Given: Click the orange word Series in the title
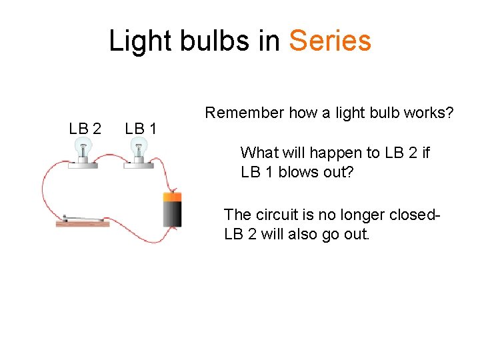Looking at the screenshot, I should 330,41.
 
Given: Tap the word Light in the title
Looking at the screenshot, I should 135,41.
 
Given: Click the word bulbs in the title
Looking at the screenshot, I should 215,41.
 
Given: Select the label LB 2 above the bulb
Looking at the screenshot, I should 85,128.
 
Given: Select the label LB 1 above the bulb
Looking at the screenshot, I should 140,128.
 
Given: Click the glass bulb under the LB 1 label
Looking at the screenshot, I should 139,146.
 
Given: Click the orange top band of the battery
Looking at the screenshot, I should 173,197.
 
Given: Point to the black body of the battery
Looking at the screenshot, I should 173,215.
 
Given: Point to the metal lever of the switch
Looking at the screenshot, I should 80,218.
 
